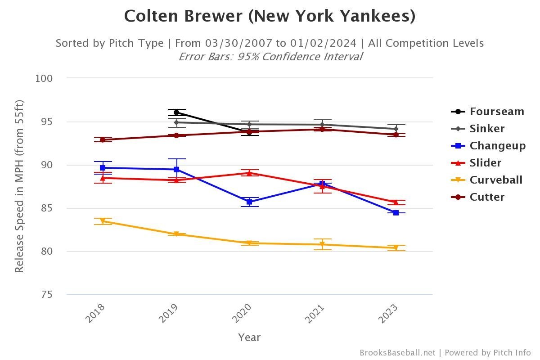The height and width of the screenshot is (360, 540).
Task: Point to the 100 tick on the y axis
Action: [x=44, y=78]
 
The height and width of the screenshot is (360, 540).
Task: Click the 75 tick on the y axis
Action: [x=47, y=295]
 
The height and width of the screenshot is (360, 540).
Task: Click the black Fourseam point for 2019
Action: [x=176, y=112]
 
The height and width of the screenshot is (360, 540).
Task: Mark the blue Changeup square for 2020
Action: [x=249, y=202]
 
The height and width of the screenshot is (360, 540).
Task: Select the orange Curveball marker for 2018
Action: [x=103, y=221]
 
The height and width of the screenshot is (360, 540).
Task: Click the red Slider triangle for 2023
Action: [x=396, y=202]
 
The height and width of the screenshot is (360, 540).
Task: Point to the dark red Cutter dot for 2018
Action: [x=103, y=140]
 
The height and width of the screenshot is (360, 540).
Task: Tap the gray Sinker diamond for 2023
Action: [x=396, y=129]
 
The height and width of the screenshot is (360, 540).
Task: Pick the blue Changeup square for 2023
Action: [x=396, y=212]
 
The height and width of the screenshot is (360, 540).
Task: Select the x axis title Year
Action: [x=249, y=337]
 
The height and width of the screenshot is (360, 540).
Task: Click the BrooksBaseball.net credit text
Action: [x=397, y=353]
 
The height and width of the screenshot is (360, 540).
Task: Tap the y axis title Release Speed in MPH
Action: [x=19, y=186]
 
